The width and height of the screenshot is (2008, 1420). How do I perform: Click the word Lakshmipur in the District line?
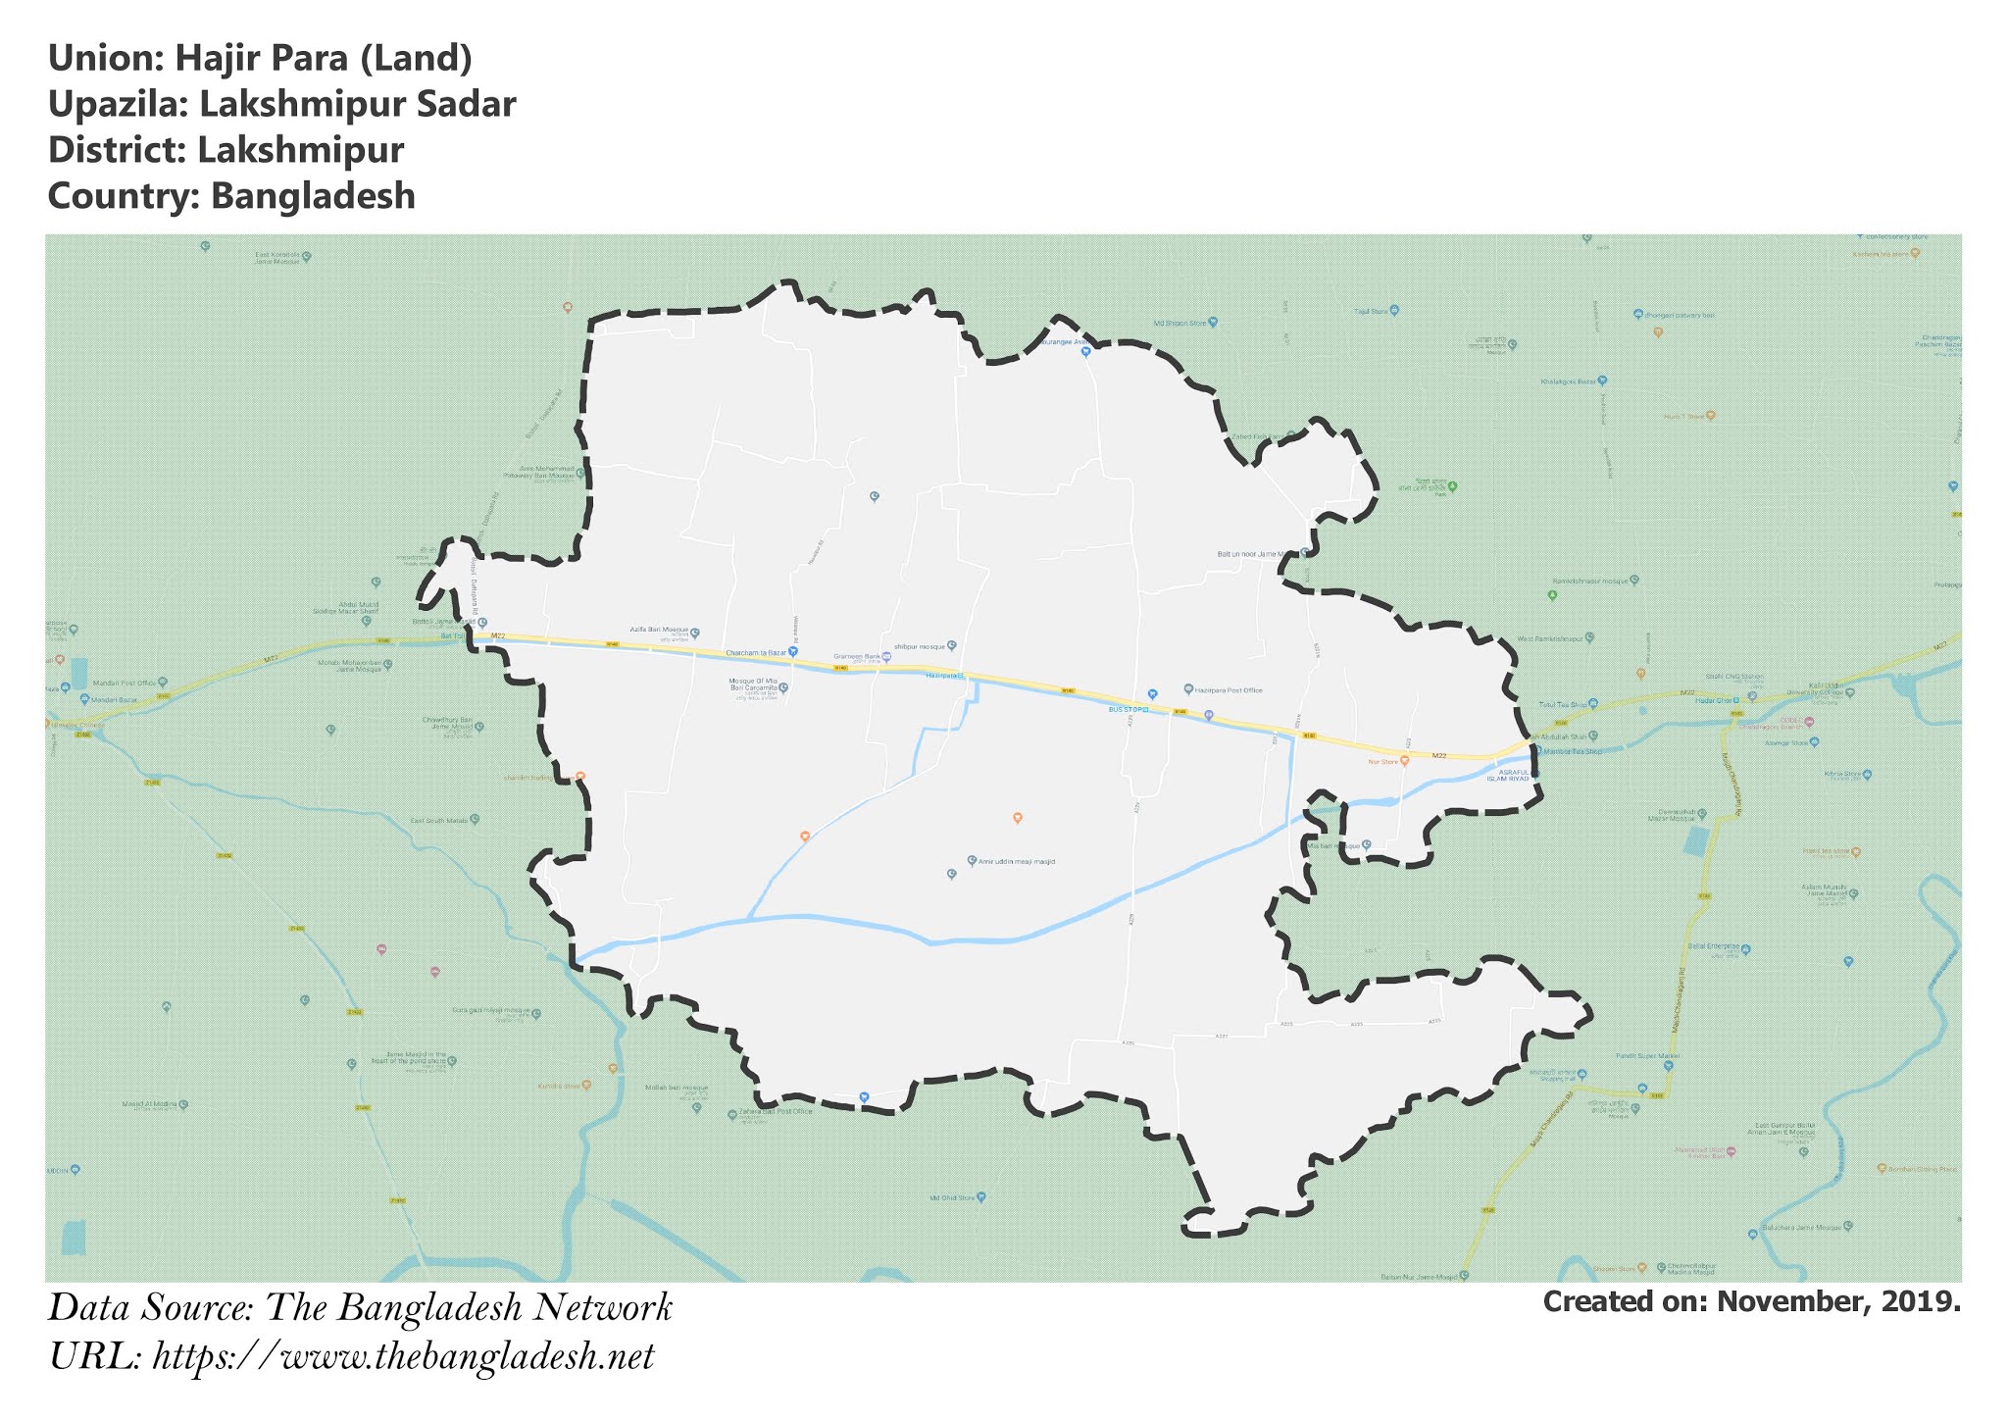[x=300, y=150]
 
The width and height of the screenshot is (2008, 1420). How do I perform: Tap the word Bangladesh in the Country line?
[x=313, y=196]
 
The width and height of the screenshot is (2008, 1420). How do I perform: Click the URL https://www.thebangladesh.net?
[x=403, y=1357]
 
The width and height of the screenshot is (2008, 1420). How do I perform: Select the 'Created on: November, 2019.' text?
[x=1751, y=1302]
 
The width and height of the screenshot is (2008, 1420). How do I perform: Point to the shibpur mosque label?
[x=920, y=646]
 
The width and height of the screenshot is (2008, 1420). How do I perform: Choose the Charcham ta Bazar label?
[x=756, y=652]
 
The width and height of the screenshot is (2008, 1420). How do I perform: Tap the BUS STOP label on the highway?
[x=1128, y=708]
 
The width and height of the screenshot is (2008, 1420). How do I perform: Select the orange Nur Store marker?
[x=1404, y=760]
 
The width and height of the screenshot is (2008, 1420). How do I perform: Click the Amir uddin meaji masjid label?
[x=1017, y=862]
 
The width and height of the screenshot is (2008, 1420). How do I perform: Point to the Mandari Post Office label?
[x=125, y=683]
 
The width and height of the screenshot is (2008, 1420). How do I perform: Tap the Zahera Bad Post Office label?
[x=776, y=1111]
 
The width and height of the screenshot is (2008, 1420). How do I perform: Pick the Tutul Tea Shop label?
[x=1563, y=704]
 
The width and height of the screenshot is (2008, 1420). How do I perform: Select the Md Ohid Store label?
[x=952, y=1197]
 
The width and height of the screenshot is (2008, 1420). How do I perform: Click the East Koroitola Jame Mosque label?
[x=277, y=259]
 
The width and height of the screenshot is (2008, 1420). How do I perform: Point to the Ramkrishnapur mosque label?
[x=1589, y=581]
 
